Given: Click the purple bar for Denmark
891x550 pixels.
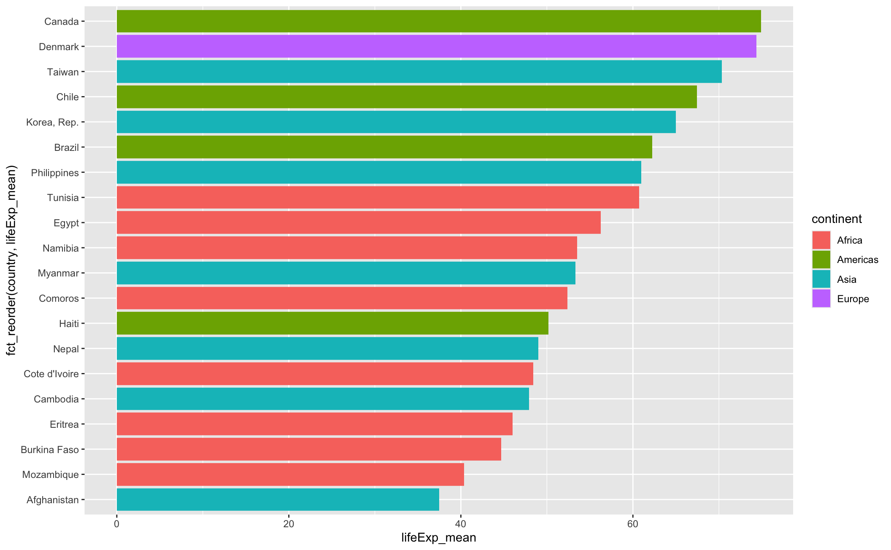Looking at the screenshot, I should pyautogui.click(x=436, y=46).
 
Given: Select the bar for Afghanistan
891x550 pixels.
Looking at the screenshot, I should pyautogui.click(x=278, y=499).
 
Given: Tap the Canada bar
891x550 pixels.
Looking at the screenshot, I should pyautogui.click(x=439, y=21).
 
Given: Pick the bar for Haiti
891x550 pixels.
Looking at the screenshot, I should pyautogui.click(x=332, y=323).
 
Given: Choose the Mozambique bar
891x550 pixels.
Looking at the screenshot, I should pyautogui.click(x=290, y=474).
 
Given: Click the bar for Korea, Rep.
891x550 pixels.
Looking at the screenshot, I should pyautogui.click(x=396, y=122).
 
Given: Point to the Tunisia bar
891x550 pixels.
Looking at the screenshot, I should pyautogui.click(x=378, y=197).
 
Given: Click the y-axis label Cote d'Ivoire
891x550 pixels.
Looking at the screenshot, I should pyautogui.click(x=51, y=374).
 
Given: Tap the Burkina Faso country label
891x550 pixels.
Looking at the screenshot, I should pyautogui.click(x=50, y=450).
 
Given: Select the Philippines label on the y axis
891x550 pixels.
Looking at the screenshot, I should pyautogui.click(x=55, y=173).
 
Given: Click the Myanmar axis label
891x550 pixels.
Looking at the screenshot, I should pyautogui.click(x=58, y=273).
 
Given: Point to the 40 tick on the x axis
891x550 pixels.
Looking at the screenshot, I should pyautogui.click(x=461, y=524).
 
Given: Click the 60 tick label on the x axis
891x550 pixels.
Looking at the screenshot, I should pyautogui.click(x=632, y=524).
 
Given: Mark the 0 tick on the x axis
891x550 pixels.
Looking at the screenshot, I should pyautogui.click(x=116, y=524).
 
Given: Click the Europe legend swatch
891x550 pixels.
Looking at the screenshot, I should pyautogui.click(x=821, y=299).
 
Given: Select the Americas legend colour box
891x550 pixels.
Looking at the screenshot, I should pyautogui.click(x=821, y=260).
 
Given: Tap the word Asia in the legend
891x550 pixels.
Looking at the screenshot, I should pyautogui.click(x=847, y=279).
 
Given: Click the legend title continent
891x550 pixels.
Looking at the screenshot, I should pyautogui.click(x=837, y=219).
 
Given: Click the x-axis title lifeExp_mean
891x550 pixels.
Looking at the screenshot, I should pyautogui.click(x=439, y=538).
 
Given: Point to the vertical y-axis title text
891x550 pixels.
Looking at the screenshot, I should pyautogui.click(x=11, y=260).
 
